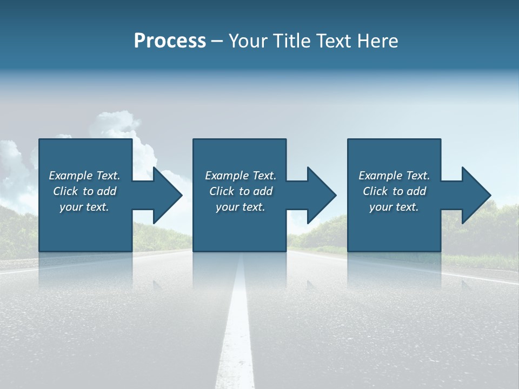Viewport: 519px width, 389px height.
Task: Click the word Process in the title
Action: coord(170,41)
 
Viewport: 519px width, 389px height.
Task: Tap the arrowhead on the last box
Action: coord(476,195)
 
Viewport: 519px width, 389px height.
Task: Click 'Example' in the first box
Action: coord(71,176)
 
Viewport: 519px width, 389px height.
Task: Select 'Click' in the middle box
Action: coord(222,191)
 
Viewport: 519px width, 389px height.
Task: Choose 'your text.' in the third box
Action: coord(394,207)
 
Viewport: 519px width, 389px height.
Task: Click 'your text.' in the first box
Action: coord(84,207)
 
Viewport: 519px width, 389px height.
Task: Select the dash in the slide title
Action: coord(217,41)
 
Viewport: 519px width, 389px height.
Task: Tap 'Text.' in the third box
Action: coord(418,176)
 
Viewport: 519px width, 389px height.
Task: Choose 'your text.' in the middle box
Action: coord(240,207)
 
